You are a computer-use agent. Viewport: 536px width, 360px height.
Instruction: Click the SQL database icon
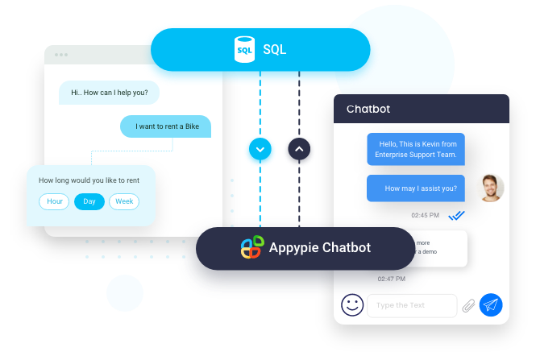(244, 50)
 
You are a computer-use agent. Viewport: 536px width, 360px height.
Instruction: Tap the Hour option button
(55, 201)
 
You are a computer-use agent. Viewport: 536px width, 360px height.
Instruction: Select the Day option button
(89, 201)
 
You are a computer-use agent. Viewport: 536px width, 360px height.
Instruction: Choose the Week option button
(124, 201)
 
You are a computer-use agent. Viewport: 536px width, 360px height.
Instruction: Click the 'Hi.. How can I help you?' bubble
(109, 93)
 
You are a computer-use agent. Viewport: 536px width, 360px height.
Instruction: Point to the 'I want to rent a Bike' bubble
(165, 126)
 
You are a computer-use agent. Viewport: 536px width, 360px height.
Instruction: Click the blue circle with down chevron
(260, 151)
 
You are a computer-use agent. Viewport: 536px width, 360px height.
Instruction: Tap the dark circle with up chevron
(299, 151)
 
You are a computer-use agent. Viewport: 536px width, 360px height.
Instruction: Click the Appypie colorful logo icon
(251, 247)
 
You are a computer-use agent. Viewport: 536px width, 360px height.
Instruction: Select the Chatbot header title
(368, 110)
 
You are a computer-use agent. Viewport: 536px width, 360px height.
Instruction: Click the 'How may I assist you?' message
(416, 188)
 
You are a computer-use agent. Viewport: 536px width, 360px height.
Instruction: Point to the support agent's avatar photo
(490, 188)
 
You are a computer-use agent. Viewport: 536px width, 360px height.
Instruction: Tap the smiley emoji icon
(351, 305)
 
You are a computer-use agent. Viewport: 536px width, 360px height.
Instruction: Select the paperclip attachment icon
(468, 305)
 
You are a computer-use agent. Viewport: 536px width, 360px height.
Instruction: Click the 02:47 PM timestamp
(392, 279)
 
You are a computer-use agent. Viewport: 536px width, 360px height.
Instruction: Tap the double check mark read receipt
(457, 216)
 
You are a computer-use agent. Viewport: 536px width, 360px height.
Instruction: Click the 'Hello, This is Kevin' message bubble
(416, 149)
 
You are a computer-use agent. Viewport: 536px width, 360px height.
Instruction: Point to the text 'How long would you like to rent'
(89, 180)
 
